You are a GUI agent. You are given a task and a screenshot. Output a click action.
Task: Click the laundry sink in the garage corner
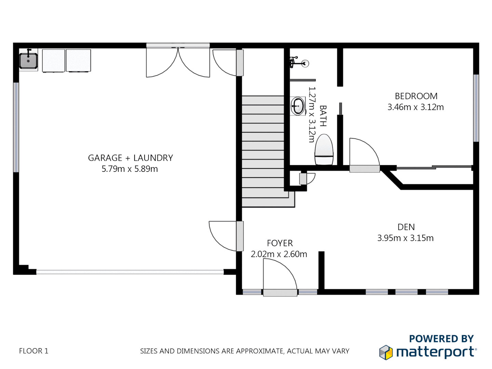point(28,61)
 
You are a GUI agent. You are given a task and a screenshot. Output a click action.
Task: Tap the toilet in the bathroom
point(324,150)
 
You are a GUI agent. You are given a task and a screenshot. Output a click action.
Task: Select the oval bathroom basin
point(298,106)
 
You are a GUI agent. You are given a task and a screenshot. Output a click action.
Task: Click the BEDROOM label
point(416,96)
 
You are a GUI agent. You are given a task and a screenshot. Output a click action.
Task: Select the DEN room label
point(406,227)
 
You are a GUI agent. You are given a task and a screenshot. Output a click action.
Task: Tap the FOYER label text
point(280,243)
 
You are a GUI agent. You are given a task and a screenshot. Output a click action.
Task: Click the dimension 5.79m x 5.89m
point(129,169)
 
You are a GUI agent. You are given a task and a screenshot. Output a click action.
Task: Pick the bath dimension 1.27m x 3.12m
point(312,114)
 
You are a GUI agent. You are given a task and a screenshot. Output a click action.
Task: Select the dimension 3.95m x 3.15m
point(405,238)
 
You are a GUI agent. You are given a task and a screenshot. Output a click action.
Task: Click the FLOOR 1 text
point(33,351)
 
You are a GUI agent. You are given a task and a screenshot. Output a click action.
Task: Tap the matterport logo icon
point(386,352)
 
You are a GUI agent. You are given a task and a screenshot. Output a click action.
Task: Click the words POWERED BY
point(441,339)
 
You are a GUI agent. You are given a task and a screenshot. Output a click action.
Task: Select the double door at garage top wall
point(178,61)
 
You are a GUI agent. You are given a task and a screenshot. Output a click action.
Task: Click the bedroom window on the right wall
point(476,108)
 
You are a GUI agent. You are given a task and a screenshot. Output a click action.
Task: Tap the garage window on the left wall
point(16,127)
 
